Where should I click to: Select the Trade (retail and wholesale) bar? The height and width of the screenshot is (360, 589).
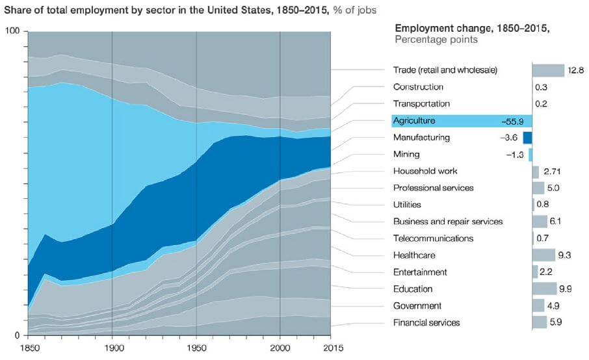click(x=548, y=70)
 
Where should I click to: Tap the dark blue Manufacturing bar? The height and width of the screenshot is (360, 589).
click(x=527, y=138)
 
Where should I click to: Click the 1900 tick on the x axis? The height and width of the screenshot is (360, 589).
click(x=112, y=346)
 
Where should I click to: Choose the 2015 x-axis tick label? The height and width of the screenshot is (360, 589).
click(x=331, y=346)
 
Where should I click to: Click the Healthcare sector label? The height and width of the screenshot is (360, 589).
click(x=414, y=255)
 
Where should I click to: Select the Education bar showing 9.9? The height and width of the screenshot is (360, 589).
click(x=544, y=289)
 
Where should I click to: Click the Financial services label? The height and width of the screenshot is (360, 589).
click(x=426, y=322)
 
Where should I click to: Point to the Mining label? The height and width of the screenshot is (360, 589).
click(x=406, y=155)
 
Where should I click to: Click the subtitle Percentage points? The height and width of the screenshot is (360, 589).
click(x=436, y=40)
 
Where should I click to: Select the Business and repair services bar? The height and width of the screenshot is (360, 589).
click(x=540, y=222)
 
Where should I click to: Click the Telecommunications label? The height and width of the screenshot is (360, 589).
click(x=433, y=238)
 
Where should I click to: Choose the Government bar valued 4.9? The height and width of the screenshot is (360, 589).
click(x=538, y=305)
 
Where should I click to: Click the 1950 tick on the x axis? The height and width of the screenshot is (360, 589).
click(x=196, y=346)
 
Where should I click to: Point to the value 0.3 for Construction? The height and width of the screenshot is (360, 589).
click(x=540, y=87)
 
